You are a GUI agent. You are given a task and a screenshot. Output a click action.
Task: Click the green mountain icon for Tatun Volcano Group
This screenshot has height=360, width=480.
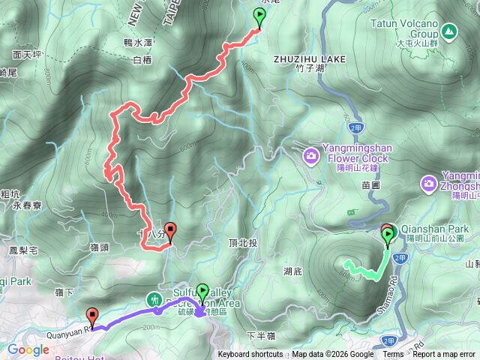(448, 31)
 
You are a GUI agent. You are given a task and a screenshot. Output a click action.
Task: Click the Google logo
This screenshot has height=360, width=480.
(28, 349)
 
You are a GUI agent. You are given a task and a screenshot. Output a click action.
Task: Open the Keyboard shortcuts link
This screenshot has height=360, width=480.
(250, 355)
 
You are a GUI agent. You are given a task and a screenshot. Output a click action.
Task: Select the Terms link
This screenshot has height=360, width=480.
(393, 355)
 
